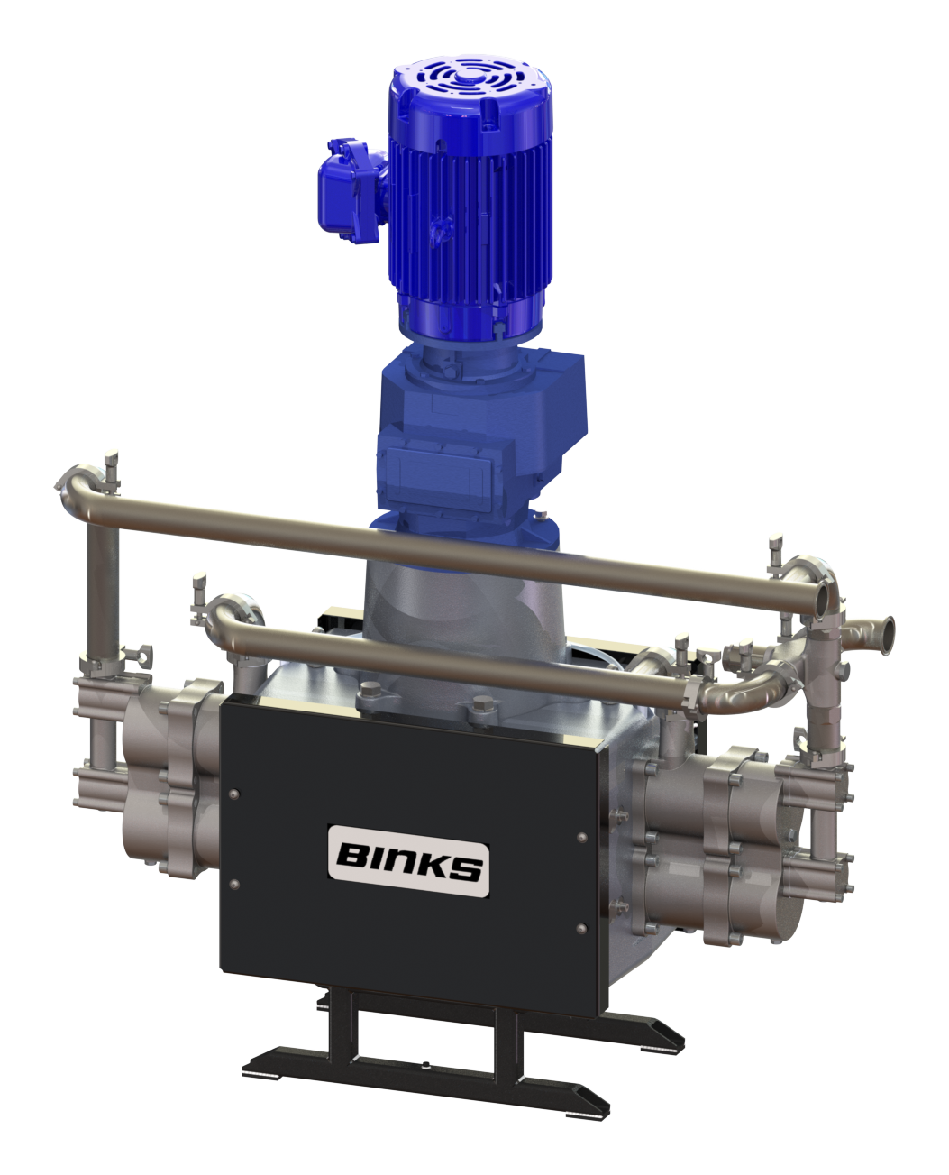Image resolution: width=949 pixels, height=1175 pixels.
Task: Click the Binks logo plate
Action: pos(408,860)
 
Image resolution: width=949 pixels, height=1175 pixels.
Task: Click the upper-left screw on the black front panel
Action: pos(234,794)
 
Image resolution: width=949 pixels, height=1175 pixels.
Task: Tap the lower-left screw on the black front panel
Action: pos(234,884)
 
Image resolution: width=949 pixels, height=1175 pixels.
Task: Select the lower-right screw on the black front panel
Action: pos(580,928)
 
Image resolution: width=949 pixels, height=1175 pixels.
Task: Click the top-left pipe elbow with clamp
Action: pos(81,487)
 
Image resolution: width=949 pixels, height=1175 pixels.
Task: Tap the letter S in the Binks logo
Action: pos(467,867)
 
